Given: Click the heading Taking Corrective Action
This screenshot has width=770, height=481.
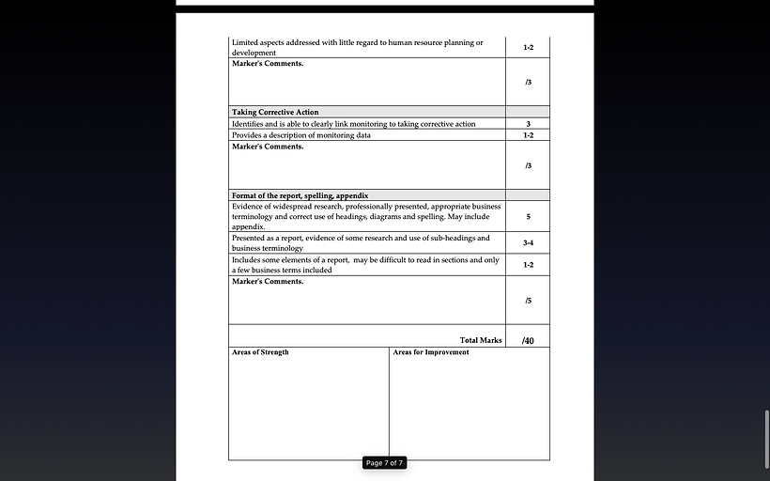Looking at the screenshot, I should [x=275, y=112].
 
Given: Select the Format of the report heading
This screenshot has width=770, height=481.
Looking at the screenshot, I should [x=293, y=195].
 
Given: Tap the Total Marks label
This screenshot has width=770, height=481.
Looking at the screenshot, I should [x=481, y=340].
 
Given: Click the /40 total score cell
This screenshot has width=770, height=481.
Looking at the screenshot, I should [x=528, y=340].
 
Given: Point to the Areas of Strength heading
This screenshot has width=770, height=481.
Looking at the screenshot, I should [x=260, y=352].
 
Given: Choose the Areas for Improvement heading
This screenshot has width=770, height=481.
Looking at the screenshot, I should [x=431, y=352].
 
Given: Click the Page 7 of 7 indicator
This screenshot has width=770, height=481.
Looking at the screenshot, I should [x=384, y=462].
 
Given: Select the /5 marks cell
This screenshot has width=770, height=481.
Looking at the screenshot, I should [x=528, y=301].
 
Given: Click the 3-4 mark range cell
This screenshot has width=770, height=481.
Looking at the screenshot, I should [x=528, y=242].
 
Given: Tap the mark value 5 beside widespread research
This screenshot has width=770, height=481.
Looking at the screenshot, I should [x=528, y=216].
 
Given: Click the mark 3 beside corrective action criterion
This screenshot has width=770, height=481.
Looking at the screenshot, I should [x=528, y=124].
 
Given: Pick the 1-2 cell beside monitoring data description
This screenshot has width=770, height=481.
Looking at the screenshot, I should [x=528, y=135].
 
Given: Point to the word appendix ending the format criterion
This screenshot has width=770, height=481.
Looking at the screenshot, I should [x=248, y=226].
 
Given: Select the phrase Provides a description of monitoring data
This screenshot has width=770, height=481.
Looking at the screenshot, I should [x=300, y=135].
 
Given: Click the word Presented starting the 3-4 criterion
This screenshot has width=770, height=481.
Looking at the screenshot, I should [x=251, y=238].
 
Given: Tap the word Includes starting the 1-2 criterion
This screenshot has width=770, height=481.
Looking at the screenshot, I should [x=249, y=259].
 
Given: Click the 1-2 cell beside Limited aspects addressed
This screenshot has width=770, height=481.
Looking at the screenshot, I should [x=528, y=47].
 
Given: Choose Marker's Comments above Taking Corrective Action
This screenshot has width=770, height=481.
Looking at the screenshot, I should [x=268, y=63].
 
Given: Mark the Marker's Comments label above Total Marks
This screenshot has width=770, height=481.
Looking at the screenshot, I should [x=268, y=281].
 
